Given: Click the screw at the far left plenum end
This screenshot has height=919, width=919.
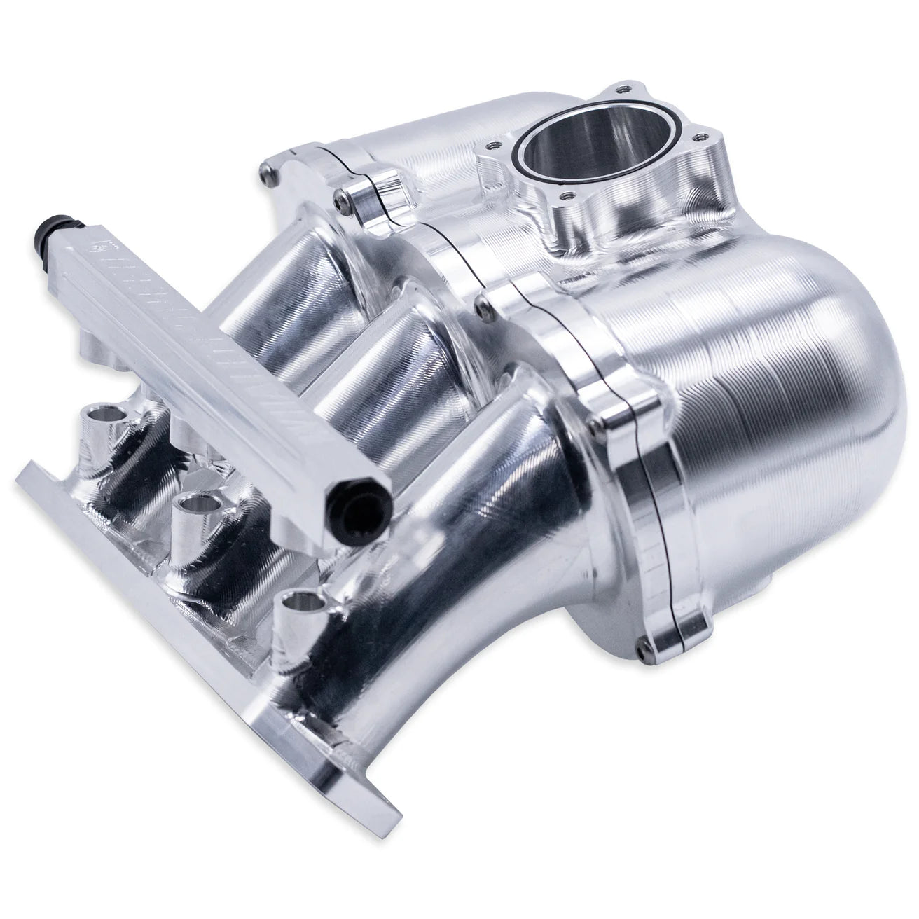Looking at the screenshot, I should click(x=265, y=168).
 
